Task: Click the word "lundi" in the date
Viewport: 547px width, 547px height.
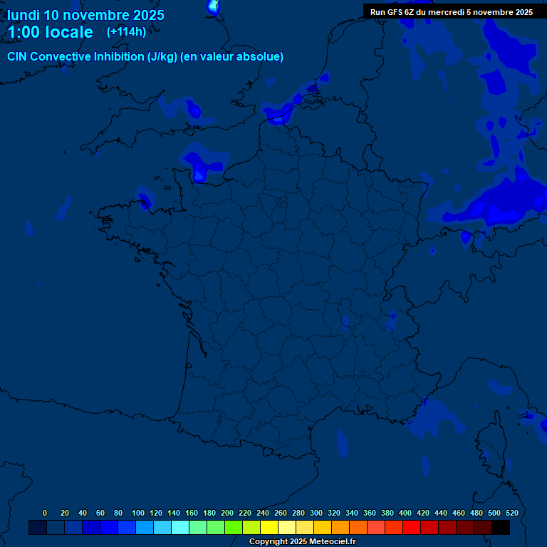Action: [24, 15]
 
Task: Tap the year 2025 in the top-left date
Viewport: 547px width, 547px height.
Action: [148, 15]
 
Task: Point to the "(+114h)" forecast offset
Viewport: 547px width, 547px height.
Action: [126, 32]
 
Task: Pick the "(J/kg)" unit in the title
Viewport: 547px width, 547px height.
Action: [162, 57]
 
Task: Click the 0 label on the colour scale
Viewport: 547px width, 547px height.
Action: [45, 513]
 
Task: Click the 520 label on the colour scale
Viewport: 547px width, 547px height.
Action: [511, 513]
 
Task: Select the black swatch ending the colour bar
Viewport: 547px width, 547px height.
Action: [501, 527]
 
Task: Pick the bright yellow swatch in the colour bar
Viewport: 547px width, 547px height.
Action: [269, 527]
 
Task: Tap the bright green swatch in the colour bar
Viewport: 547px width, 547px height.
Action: [234, 527]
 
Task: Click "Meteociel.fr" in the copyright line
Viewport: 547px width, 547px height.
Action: [332, 542]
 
